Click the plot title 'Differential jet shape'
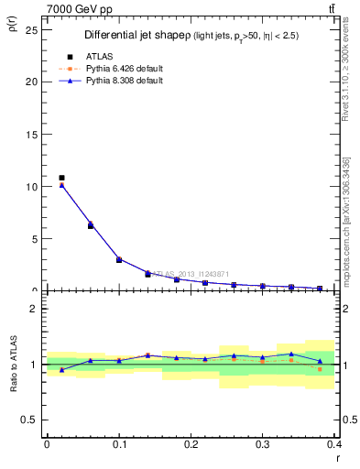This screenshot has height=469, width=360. [136, 35]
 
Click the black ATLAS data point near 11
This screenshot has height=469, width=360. [61, 178]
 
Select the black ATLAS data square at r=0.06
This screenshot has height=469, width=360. [91, 225]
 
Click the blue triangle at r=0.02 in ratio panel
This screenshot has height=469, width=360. [61, 370]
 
